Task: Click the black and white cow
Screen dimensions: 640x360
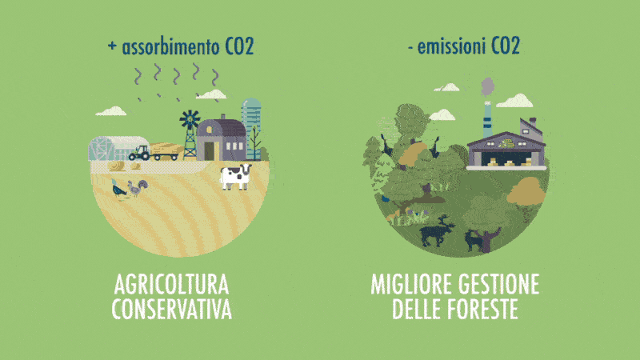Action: point(235,177)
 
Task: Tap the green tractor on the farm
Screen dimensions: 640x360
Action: point(139,153)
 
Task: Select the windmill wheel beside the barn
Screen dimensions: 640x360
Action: point(190,119)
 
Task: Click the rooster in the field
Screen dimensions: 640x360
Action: point(137,188)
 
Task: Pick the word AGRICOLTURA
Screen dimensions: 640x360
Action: point(171,285)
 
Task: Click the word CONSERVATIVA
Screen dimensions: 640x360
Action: point(172,310)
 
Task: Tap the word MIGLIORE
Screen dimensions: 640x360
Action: point(411,285)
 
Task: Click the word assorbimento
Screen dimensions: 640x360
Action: point(170,47)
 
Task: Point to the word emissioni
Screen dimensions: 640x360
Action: point(451,46)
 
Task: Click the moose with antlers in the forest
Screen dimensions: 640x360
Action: point(437,231)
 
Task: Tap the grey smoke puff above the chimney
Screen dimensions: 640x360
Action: point(487,87)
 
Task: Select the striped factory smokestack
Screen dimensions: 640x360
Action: point(487,119)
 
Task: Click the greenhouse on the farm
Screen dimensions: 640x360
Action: point(118,149)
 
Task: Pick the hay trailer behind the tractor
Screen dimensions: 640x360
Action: point(166,152)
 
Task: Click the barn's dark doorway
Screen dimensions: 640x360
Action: point(209,151)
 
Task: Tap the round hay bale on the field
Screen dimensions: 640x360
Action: point(116,166)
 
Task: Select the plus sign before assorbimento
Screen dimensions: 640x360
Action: point(112,46)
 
